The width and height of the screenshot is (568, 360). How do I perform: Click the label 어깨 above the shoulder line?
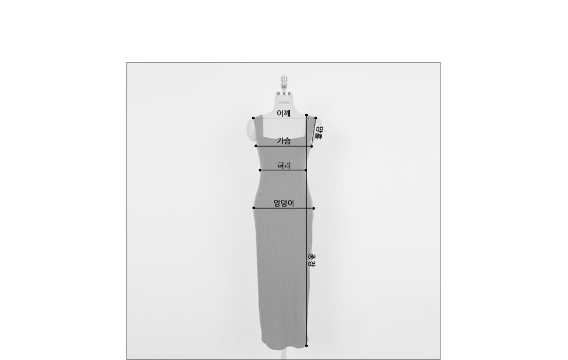[283, 113]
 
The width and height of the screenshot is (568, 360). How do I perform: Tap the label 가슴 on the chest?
[283, 140]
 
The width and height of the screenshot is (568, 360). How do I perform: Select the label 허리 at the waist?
[284, 165]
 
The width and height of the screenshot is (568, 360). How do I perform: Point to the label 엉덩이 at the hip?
[283, 203]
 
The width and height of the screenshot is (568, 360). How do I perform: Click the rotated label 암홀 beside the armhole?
[319, 133]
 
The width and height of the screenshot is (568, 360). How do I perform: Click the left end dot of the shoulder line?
[253, 118]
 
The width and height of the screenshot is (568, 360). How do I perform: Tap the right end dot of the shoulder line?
[316, 118]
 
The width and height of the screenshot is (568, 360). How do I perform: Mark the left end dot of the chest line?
[256, 146]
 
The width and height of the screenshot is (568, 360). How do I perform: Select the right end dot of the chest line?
[311, 146]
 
